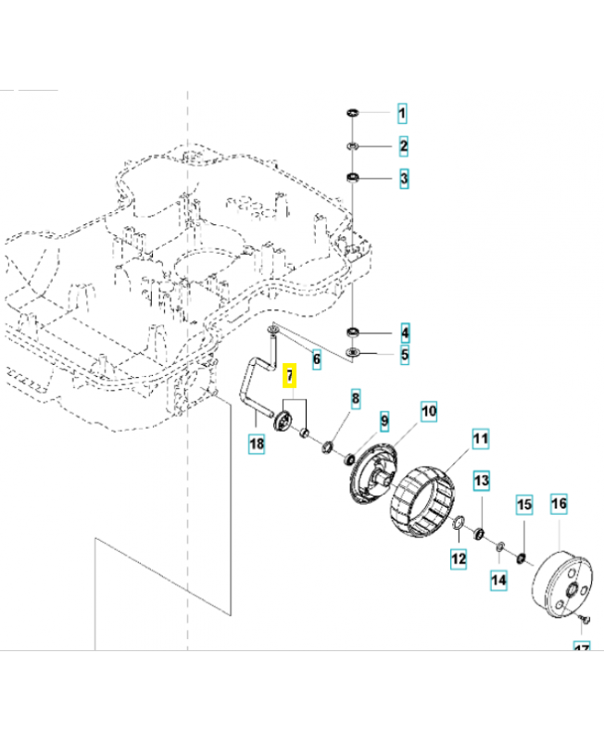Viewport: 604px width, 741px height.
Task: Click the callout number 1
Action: (x=403, y=115)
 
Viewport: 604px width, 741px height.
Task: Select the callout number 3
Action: (x=403, y=178)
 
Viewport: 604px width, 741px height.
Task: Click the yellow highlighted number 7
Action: (x=289, y=376)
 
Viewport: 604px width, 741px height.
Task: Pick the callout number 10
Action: (x=429, y=411)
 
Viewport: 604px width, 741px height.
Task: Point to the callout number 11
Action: (x=480, y=438)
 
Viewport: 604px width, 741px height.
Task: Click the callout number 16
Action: (x=559, y=504)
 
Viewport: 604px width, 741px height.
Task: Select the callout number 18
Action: (x=257, y=445)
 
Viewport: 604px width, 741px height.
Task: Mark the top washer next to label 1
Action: (x=353, y=113)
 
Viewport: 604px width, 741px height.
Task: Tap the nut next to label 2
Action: (x=353, y=146)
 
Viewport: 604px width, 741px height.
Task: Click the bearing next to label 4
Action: (x=353, y=332)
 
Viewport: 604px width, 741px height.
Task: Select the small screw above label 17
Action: (x=579, y=617)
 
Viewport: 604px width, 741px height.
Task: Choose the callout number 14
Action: (x=499, y=580)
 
